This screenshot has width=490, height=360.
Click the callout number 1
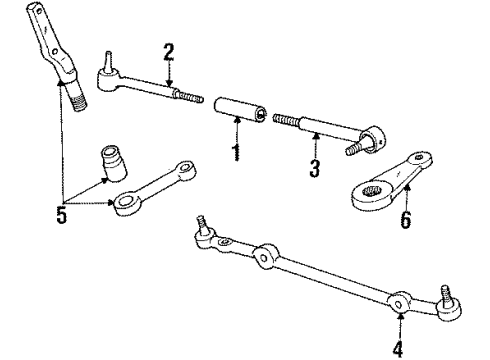pyautogui.click(x=236, y=153)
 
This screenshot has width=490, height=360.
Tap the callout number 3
pyautogui.click(x=313, y=167)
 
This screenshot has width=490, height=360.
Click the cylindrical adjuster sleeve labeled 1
pyautogui.click(x=240, y=110)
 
